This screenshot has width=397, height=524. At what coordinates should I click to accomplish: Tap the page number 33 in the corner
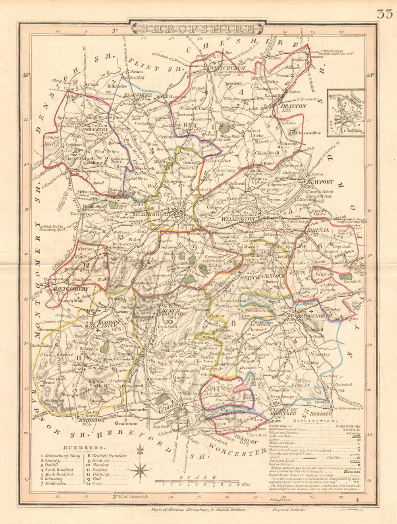385,14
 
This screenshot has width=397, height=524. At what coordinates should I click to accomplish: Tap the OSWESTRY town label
94,129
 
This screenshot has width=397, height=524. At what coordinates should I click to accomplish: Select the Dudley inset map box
345,113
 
